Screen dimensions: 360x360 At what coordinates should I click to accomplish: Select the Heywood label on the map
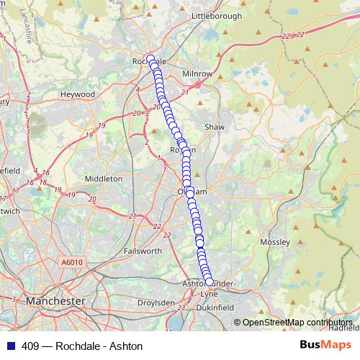click(77, 94)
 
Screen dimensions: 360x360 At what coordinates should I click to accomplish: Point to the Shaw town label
click(215, 127)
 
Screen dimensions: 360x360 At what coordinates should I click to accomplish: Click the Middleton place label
click(104, 178)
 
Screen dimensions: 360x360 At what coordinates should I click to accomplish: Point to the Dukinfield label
click(215, 307)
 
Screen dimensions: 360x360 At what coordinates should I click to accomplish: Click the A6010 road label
click(73, 262)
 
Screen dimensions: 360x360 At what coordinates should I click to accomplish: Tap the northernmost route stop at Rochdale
click(150, 59)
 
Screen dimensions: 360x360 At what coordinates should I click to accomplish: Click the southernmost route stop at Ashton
click(210, 282)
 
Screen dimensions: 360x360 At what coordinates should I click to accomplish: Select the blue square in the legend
click(10, 346)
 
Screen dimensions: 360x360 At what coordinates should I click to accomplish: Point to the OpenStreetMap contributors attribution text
click(298, 322)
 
